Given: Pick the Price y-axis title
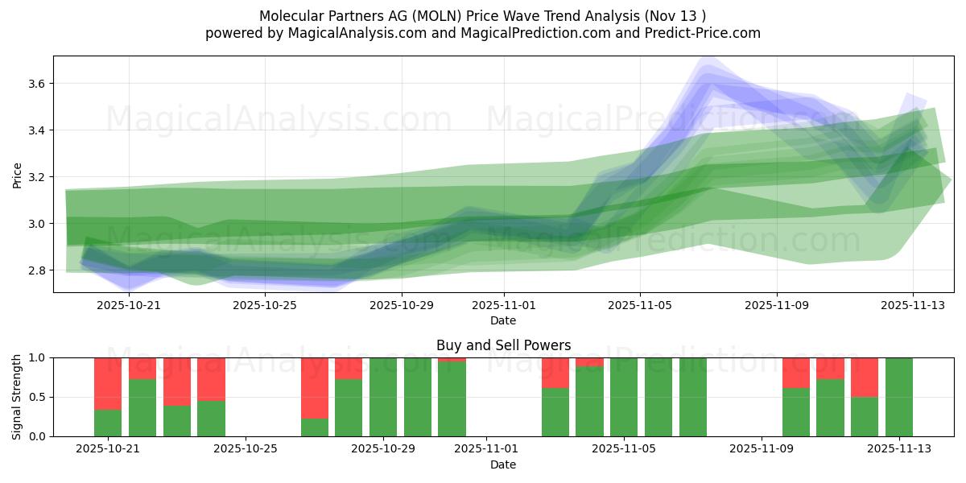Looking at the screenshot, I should (18, 175).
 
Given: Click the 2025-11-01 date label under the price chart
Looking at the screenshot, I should (504, 306).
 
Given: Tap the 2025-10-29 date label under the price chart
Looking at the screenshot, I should (402, 306).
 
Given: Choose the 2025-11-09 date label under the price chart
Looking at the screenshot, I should (777, 306).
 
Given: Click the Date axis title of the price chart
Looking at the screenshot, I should (503, 320).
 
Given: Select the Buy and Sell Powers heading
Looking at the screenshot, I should (503, 345).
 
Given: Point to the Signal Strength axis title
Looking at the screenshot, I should (18, 396).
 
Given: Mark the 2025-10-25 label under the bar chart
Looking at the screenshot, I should (246, 449).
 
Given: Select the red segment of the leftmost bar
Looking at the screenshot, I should (108, 383).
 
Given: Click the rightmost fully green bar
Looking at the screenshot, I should (899, 397).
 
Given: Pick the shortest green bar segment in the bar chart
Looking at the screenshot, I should (315, 427).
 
